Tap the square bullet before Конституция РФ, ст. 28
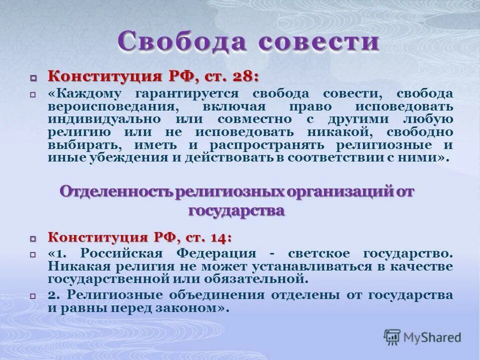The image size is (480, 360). point(33,78)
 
